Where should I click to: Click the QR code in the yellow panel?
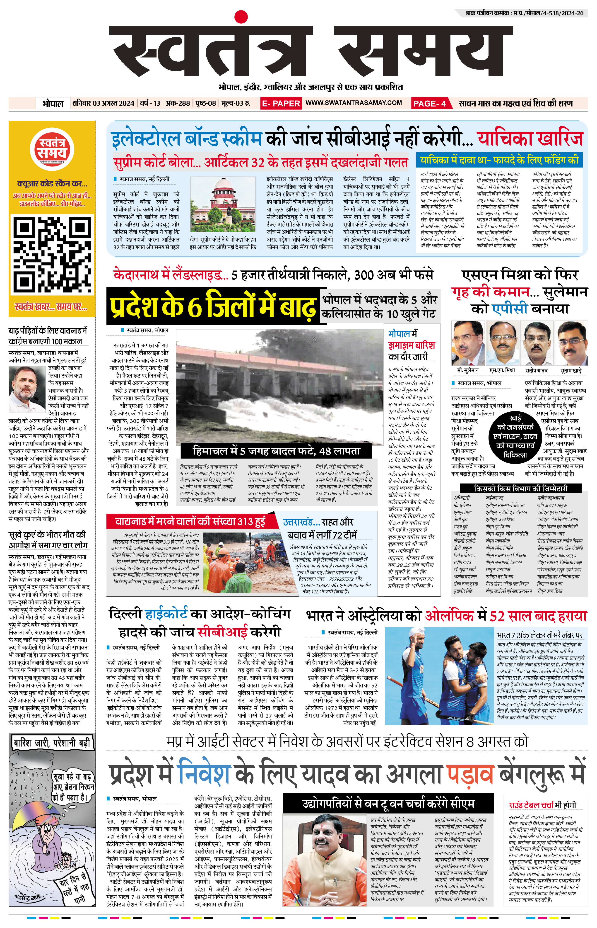pyautogui.click(x=52, y=255)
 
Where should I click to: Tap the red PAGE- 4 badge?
pyautogui.click(x=430, y=103)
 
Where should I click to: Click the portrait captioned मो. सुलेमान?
pyautogui.click(x=467, y=343)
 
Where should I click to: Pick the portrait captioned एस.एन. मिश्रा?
pyautogui.click(x=502, y=343)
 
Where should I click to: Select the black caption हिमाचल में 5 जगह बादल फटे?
pyautogui.click(x=276, y=451)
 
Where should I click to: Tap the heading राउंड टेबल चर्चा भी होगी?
pyautogui.click(x=542, y=805)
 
